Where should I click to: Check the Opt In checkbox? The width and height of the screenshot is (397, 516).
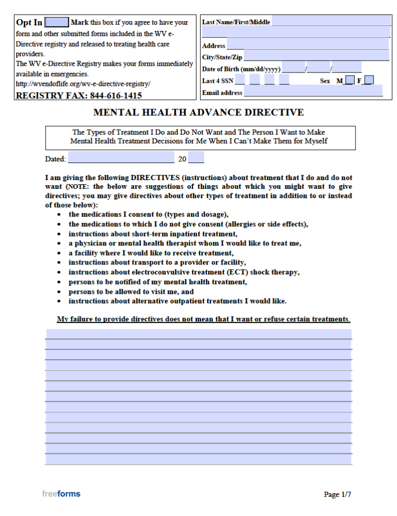tap(57, 22)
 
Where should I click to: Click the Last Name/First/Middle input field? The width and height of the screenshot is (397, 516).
tap(331, 21)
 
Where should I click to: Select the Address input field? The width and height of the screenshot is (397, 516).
tap(308, 44)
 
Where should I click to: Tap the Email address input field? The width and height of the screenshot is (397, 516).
tap(313, 92)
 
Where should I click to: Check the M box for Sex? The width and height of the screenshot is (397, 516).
tap(349, 80)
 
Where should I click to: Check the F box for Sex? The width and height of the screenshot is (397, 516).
tap(369, 80)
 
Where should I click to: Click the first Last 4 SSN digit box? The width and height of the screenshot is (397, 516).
tap(240, 80)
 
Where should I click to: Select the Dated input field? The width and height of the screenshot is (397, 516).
tap(121, 158)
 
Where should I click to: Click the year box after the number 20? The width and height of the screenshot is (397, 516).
tap(196, 158)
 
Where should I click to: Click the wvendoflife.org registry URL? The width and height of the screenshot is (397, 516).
tap(83, 84)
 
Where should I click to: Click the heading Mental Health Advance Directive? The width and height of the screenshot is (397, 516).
tap(198, 112)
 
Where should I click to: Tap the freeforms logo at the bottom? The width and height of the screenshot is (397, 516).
tap(61, 494)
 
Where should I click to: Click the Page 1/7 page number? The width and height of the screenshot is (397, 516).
tap(338, 494)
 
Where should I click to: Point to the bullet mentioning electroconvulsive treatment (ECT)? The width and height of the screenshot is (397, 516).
tap(184, 272)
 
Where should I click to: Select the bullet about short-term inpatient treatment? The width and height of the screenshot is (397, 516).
tap(153, 234)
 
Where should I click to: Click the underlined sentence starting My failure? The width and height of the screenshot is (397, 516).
tap(203, 319)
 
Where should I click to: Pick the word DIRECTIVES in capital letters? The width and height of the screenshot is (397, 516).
tap(155, 178)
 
